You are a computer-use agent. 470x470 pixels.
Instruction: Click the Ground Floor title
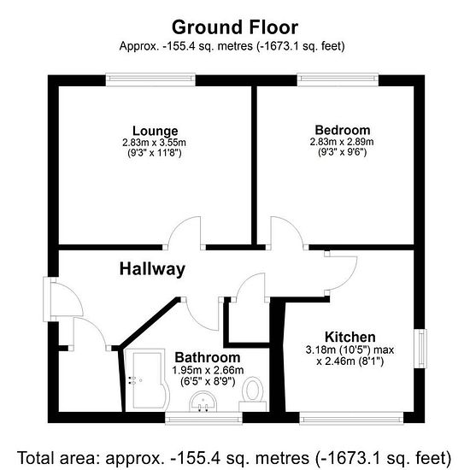click(x=235, y=27)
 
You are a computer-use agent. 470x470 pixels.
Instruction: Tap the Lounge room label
click(x=156, y=131)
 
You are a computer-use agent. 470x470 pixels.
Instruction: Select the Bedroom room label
click(x=343, y=130)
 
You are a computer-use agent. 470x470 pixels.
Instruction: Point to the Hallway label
click(x=152, y=269)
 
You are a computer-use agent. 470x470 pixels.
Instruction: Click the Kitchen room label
click(x=350, y=338)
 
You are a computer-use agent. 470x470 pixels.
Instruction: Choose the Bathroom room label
click(x=208, y=357)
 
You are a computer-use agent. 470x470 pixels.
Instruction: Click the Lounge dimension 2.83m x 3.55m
click(x=154, y=143)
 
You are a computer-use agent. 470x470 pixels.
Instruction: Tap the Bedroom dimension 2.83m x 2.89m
click(x=342, y=142)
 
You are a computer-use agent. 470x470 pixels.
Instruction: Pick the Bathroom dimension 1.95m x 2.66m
click(x=208, y=371)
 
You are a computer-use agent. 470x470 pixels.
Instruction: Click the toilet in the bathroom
click(x=253, y=394)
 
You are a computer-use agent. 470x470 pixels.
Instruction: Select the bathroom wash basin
click(x=203, y=402)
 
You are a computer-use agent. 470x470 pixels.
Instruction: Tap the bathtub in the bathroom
click(x=147, y=379)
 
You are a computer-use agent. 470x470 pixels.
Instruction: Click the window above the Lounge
click(x=150, y=79)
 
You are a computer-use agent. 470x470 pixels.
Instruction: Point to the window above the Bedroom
click(x=338, y=79)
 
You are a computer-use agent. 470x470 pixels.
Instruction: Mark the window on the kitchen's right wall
click(x=420, y=349)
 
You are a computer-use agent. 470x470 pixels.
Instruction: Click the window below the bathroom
click(x=204, y=418)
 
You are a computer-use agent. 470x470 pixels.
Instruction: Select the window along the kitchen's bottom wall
click(x=351, y=418)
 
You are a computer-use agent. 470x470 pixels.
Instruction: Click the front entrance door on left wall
click(x=63, y=299)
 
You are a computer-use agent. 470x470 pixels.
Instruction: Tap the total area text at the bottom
click(x=235, y=457)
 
